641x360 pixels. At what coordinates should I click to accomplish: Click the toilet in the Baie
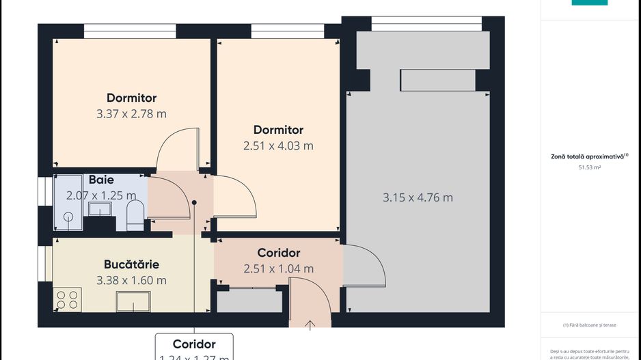coord(135,214)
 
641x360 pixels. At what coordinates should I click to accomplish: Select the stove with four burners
coord(68,299)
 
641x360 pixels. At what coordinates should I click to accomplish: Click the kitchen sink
coord(133,301)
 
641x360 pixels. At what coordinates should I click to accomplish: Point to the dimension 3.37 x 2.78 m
coord(131,114)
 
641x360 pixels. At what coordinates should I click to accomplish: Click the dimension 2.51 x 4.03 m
coord(278,146)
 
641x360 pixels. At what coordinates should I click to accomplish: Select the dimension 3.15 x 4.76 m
coord(417,198)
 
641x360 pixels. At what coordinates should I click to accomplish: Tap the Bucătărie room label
coord(132,264)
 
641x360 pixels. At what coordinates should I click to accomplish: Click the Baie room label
coord(101,180)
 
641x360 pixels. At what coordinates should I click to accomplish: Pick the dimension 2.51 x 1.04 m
coord(278,269)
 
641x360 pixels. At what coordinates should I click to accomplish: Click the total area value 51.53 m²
coord(589,167)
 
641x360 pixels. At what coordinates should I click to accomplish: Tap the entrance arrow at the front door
coord(311,324)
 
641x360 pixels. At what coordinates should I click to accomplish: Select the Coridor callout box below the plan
coord(194,347)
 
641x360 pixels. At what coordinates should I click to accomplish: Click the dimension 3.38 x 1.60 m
coord(132,280)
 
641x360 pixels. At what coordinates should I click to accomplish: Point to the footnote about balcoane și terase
coord(589,325)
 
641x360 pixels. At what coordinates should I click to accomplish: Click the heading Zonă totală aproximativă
coord(589,156)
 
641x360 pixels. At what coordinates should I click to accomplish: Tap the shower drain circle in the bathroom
coord(68,217)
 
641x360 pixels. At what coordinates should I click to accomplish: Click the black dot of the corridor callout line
coord(194,203)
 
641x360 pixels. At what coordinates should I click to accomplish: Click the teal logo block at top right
coord(589,3)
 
